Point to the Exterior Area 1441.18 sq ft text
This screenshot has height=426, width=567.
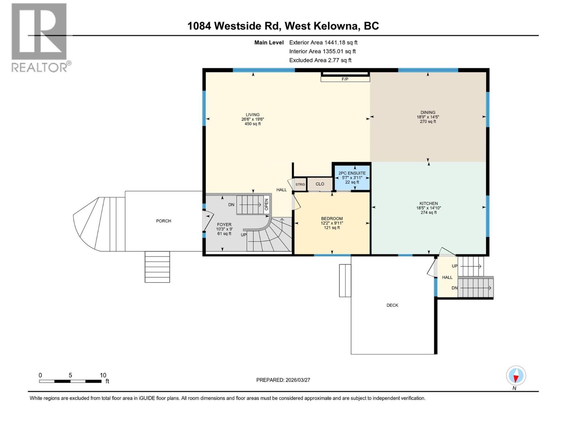323,42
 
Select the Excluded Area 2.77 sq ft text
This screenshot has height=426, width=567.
320,60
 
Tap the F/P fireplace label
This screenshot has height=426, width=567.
345,79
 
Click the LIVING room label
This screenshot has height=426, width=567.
253,115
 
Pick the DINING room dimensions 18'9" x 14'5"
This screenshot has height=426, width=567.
428,117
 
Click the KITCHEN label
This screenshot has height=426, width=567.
428,203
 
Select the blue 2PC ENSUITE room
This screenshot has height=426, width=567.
352,177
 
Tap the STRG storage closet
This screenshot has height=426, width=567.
300,184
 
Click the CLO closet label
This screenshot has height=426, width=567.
320,184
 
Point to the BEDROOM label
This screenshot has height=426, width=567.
332,219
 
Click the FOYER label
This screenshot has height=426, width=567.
224,224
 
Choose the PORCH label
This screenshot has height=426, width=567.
163,221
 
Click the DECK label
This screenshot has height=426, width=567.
392,305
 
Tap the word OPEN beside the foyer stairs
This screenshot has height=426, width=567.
266,204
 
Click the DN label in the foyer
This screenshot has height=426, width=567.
231,205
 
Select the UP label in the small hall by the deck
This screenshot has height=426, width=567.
455,266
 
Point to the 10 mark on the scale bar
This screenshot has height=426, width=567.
103,375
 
